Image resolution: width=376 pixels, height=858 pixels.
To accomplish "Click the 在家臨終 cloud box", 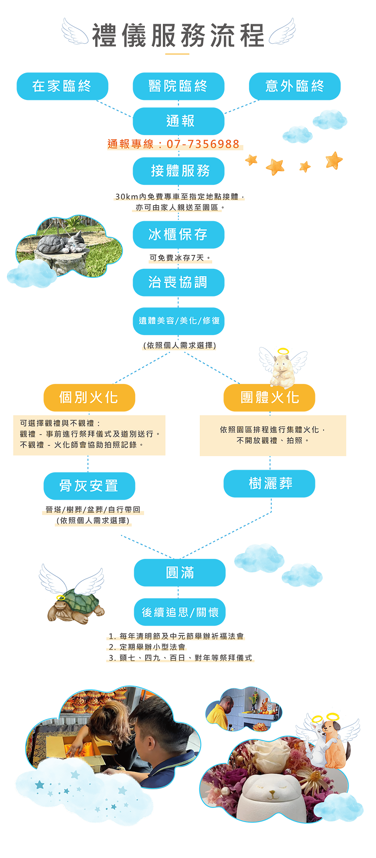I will pos(62,86).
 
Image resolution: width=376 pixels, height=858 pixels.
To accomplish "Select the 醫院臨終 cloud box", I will pos(178,86).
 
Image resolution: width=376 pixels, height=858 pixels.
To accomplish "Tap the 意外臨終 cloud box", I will pos(295,86).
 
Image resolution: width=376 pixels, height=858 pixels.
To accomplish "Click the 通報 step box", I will pos(180,121).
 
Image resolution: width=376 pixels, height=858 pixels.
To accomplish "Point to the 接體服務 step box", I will pos(180,171).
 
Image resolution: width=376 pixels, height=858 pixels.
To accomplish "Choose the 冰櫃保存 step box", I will pos(178,235).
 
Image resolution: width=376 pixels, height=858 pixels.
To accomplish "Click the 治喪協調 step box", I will pos(178,283).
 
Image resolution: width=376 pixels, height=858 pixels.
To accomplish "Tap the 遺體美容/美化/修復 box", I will pos(179,321).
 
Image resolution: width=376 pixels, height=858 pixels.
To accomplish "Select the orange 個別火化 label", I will pos(89,397).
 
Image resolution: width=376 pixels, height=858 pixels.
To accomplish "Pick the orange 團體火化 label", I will pos(270,397).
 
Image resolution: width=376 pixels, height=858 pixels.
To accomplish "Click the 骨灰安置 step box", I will pos(89,486).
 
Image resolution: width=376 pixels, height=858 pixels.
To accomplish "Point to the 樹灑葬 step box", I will pos(270,484).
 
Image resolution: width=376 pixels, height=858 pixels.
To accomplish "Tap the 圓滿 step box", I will pos(180,573).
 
